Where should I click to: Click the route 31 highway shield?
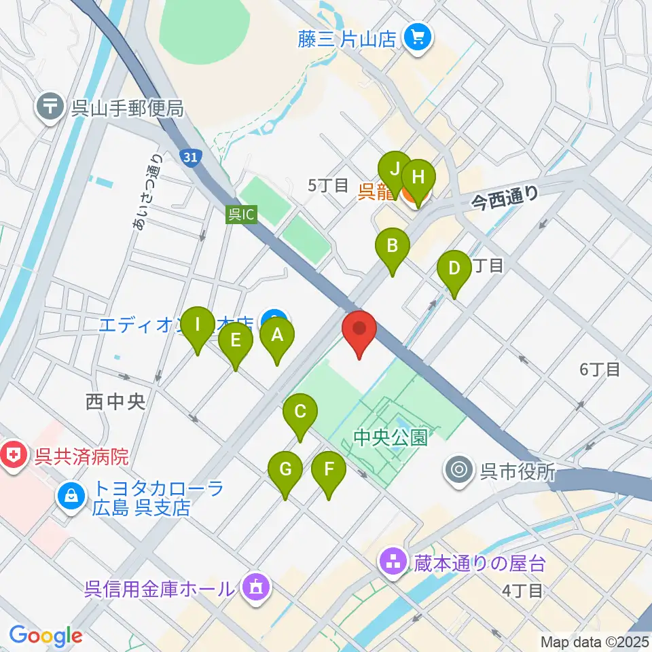pyautogui.click(x=191, y=157)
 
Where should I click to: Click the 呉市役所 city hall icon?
pyautogui.click(x=460, y=470)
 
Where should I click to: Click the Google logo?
pyautogui.click(x=46, y=636)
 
